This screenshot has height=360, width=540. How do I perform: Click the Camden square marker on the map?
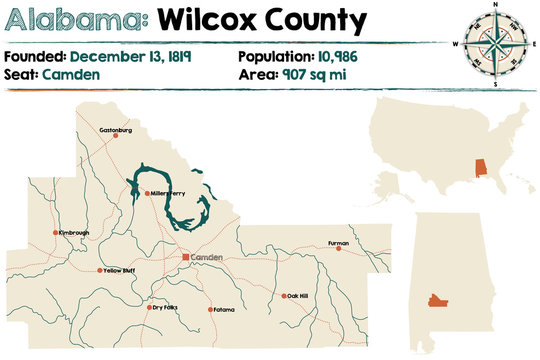tap(185, 257)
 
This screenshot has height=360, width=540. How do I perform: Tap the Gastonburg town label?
tap(117, 130)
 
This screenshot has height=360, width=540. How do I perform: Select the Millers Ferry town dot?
tap(147, 193)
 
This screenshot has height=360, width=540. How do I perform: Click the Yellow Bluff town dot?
tap(99, 270)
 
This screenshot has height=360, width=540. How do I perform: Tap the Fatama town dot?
tap(210, 309)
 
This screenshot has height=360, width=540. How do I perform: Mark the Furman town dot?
tap(337, 248)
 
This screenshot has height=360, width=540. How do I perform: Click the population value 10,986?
tap(335, 57)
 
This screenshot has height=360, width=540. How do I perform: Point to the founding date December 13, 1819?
tap(131, 57)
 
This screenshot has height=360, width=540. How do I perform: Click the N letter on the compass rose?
tap(494, 6)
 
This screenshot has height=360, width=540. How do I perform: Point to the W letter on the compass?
tap(456, 44)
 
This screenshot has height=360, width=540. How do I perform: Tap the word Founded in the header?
tap(34, 57)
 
